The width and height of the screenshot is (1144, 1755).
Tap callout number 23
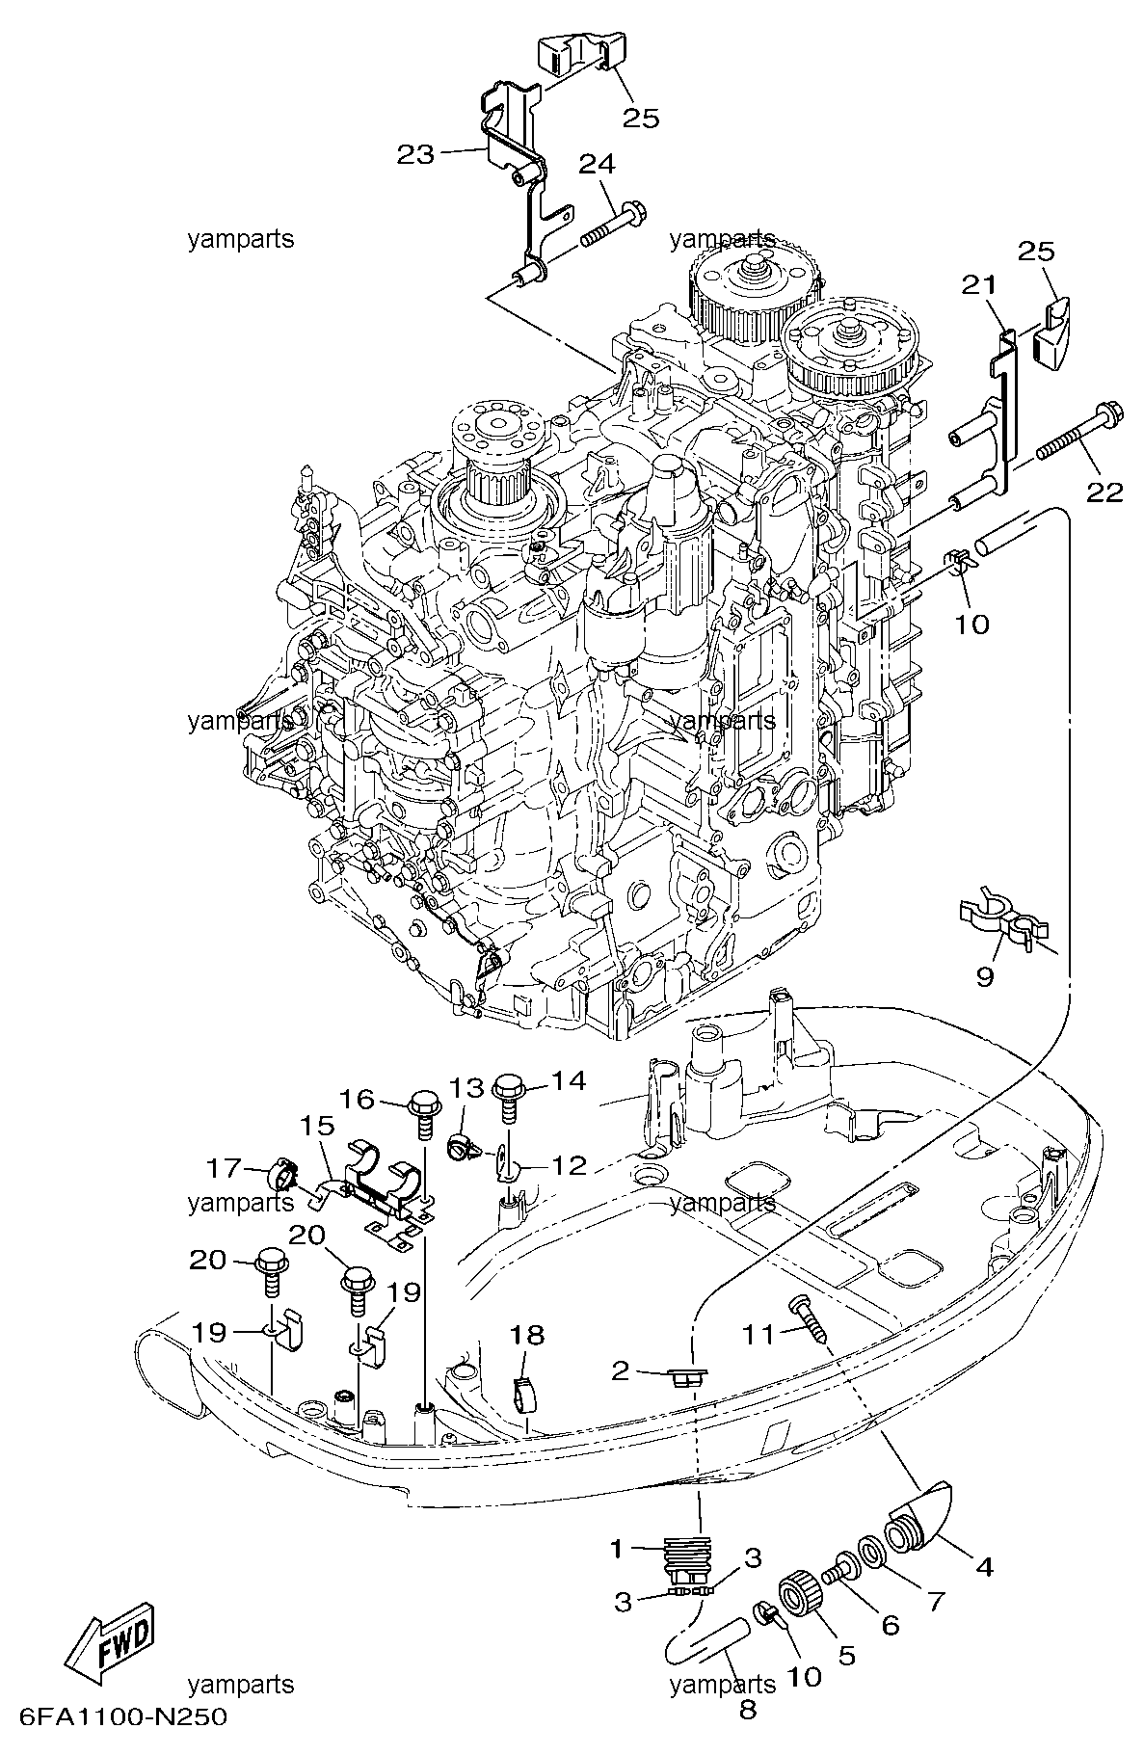pyautogui.click(x=416, y=154)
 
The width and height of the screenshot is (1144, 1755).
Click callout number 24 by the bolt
pyautogui.click(x=596, y=164)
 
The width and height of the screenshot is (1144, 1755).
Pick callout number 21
pyautogui.click(x=979, y=285)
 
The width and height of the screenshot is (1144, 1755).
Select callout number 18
pyautogui.click(x=527, y=1335)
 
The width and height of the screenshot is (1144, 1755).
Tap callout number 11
pyautogui.click(x=759, y=1334)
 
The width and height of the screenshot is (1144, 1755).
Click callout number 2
pyautogui.click(x=620, y=1369)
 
